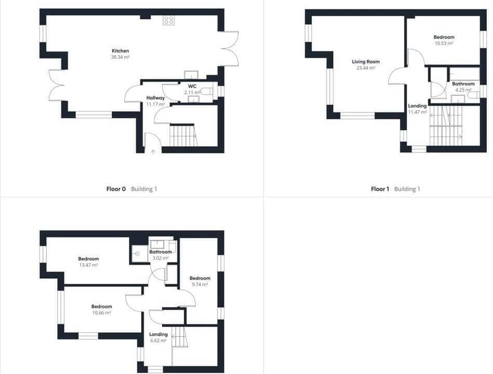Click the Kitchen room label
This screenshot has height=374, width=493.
[120, 50]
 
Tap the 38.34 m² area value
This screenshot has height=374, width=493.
[120, 57]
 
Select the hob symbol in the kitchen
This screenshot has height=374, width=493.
[169, 20]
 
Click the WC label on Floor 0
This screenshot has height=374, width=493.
[192, 85]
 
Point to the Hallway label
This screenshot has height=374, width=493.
[155, 98]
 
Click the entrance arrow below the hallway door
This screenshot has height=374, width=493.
[153, 151]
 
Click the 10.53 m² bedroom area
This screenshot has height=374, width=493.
[444, 44]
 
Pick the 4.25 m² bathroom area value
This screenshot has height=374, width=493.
[463, 90]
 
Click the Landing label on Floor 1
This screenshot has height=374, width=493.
[417, 106]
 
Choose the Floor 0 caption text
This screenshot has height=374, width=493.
[116, 189]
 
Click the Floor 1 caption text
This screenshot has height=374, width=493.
[380, 189]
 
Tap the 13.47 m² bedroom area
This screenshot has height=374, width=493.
[88, 265]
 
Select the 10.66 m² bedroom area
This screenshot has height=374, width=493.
[102, 313]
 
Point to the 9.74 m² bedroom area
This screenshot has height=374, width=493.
[199, 285]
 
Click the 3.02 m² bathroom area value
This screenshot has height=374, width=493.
[160, 258]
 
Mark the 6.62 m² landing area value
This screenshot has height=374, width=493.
[158, 341]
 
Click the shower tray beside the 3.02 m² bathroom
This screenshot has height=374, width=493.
[138, 254]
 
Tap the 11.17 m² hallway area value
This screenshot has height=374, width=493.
[155, 105]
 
